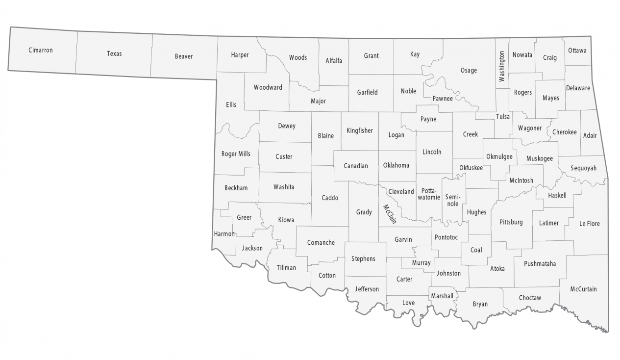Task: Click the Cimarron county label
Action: pos(40,50)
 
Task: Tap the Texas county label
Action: pos(114,53)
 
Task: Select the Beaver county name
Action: pos(184,56)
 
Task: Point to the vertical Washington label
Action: pos(501,66)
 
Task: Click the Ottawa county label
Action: pos(577,51)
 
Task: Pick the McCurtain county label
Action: pos(583,289)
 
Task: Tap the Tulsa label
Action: pos(503,117)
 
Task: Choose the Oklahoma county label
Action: pos(396,165)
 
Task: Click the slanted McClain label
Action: pos(390,214)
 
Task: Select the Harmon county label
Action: pos(224,234)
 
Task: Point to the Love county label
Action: pos(408,303)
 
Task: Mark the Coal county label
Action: pos(476,250)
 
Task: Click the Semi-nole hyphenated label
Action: pos(452,200)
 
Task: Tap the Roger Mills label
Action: pos(236,154)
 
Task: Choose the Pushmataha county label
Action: pos(540,263)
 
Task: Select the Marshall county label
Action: pos(442,296)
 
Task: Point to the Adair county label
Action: pos(590,135)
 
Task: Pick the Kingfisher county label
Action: pos(359,130)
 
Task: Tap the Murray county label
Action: pos(421,263)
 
